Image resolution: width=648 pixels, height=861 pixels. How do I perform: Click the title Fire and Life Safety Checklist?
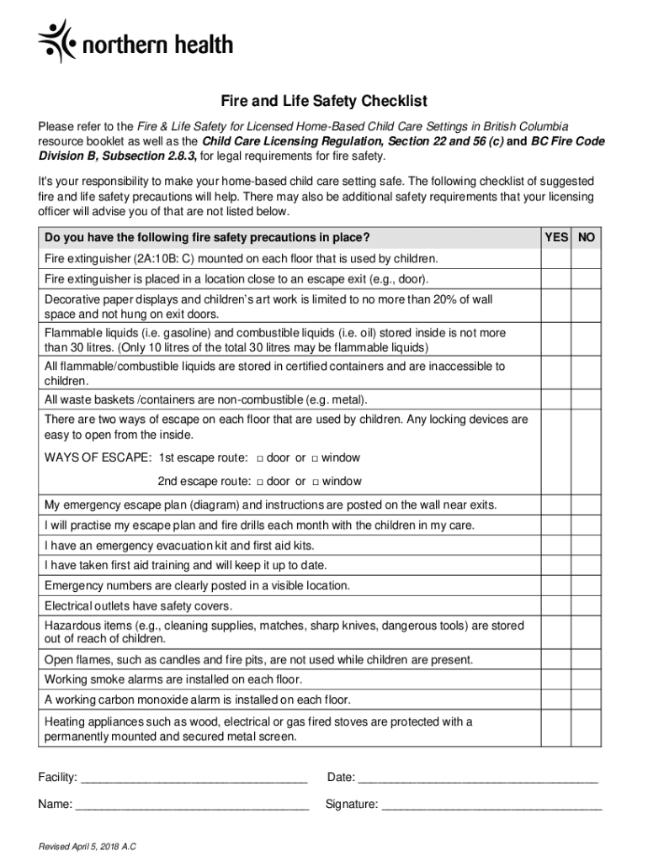324,102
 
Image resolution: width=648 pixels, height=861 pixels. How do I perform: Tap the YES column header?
556,238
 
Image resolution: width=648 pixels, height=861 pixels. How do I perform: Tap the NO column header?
587,238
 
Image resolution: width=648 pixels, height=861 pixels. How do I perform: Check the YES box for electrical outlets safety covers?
556,606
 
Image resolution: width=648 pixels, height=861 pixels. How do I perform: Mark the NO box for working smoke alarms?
587,679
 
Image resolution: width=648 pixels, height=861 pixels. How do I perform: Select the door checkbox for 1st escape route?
260,459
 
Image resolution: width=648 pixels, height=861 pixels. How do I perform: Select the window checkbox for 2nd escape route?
316,483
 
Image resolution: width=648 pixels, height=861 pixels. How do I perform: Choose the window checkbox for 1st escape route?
315,459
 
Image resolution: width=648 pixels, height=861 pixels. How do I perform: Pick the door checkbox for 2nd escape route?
260,483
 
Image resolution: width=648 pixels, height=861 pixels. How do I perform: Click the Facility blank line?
194,778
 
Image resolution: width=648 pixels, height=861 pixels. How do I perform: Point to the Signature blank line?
491,805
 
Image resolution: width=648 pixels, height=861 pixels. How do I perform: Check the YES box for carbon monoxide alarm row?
556,700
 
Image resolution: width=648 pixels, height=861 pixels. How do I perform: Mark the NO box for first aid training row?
587,565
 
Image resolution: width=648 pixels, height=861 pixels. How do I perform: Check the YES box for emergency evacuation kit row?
556,545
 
